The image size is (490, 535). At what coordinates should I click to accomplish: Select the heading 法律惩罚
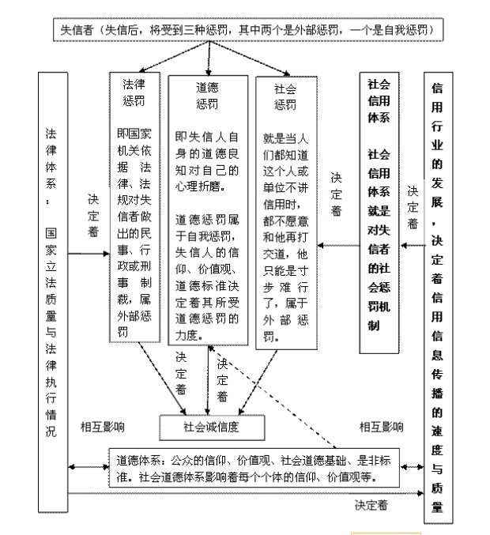coord(134,92)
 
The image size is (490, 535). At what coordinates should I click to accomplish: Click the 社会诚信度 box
coord(211,428)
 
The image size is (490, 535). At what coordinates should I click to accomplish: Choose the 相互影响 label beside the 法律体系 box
coord(102,427)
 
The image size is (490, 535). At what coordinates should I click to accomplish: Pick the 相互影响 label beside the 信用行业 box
coord(381,427)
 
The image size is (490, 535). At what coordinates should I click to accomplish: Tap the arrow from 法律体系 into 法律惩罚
coord(87,254)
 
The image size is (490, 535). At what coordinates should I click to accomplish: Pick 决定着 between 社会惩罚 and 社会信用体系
coord(336,194)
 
